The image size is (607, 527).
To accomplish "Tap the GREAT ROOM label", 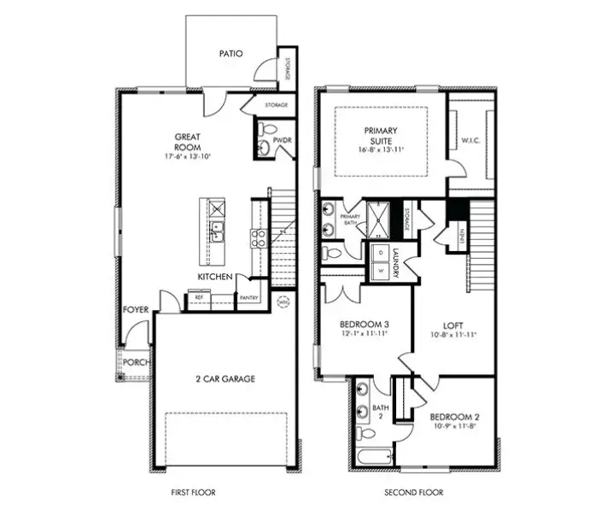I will click(187, 141).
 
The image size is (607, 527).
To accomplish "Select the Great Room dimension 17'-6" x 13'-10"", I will click(187, 157).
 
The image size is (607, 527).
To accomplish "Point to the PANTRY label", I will click(249, 297).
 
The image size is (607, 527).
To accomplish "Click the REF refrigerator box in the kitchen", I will click(199, 297).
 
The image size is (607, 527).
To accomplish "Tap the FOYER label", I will click(136, 310).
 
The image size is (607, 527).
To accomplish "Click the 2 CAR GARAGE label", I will click(225, 378).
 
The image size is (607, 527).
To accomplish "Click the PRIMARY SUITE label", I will click(381, 136).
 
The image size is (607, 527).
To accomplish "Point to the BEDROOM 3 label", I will click(365, 324).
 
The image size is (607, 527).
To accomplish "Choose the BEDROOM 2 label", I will click(454, 417).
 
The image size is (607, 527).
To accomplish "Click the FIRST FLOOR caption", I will click(193, 493).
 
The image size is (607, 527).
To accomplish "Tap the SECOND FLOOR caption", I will click(414, 493).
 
